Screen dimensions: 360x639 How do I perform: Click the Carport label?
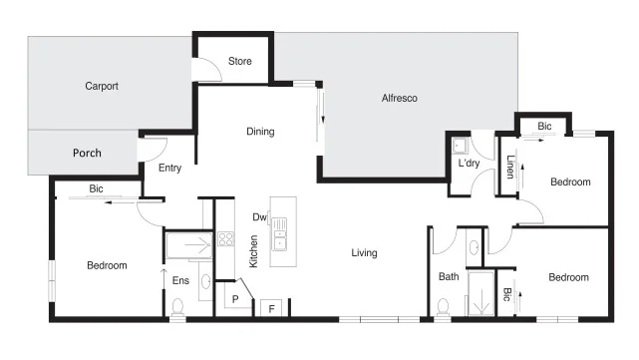point(102,87)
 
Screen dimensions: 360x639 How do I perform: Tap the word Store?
point(240,62)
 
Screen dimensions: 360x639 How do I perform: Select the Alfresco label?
point(399,98)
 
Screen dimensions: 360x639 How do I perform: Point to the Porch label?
point(87,154)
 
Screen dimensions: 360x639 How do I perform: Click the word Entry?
point(169,168)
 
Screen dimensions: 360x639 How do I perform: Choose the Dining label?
point(260,132)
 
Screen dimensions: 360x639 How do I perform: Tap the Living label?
point(364,253)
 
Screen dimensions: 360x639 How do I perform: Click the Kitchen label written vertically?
point(254,250)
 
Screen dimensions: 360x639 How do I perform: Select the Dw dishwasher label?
point(259,216)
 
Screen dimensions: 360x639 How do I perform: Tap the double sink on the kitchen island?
point(280,230)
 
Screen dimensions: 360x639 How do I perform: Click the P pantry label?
point(235,298)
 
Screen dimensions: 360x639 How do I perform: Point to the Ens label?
point(180,281)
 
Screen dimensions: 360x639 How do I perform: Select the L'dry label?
point(469,164)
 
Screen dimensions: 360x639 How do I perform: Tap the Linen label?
point(509,166)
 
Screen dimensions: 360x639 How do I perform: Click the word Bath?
point(448,277)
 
